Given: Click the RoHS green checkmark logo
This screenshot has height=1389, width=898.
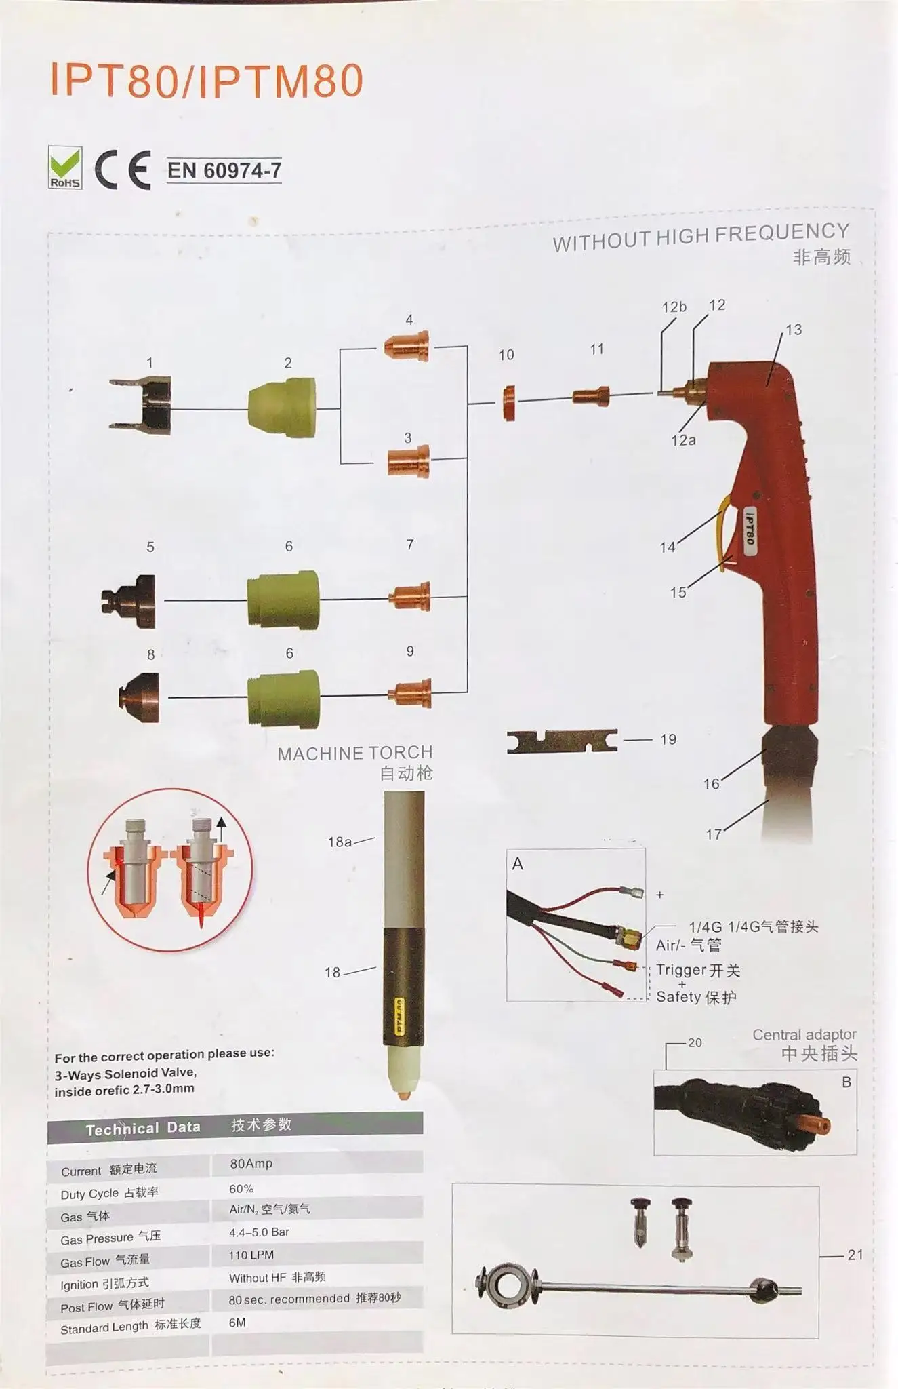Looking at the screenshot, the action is pos(65,167).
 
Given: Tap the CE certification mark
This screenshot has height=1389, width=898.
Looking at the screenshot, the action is pos(122,170).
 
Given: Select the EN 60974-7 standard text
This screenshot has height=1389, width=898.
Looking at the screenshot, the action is pos(224,170).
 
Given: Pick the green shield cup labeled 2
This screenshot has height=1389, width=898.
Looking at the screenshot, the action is pos(283,407).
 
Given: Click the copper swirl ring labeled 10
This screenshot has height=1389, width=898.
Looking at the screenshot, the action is pos(508,403).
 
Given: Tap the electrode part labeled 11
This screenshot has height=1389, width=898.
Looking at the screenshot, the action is pos(590,396).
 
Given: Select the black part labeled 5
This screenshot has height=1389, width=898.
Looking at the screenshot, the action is pos(129,600).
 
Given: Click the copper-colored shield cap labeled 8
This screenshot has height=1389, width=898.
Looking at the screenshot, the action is pos(140,697).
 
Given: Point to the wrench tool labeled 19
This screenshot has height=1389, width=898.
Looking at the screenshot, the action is pos(562,741).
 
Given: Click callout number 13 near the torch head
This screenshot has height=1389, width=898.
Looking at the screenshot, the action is pos(794,330).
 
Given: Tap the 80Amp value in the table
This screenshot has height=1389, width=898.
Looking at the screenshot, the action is pos(251,1164).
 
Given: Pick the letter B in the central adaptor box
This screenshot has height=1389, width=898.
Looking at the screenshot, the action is pos(846,1082).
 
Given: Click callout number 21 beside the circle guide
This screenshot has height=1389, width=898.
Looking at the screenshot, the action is pos(855,1255).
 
